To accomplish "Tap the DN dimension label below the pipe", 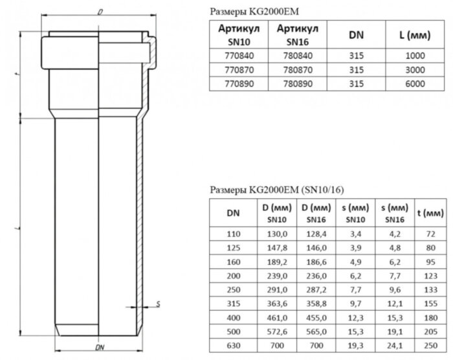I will pos(100,348).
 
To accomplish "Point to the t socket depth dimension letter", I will pos(17,75).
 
